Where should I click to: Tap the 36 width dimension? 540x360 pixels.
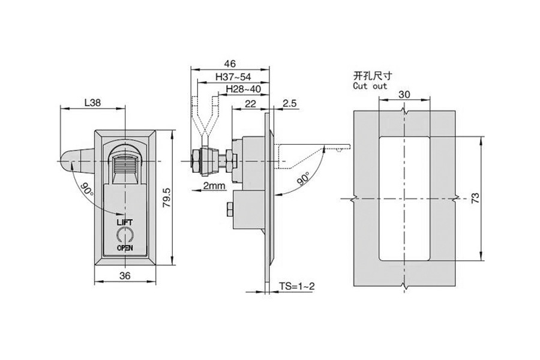coord(125,276)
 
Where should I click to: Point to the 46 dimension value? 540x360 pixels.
coord(230,63)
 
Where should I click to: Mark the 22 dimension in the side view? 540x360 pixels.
coord(250,104)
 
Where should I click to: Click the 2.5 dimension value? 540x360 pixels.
coord(289,104)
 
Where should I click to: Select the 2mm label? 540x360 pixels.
coord(214,185)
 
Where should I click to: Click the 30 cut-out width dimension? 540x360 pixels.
coord(404,94)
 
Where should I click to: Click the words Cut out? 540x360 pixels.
coord(370,86)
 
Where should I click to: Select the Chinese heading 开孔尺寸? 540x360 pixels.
coord(372,76)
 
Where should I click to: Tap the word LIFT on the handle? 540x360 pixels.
coord(125,222)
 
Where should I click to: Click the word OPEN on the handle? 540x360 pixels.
coord(125,247)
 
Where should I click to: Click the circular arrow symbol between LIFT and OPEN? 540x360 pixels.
coord(125,235)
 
